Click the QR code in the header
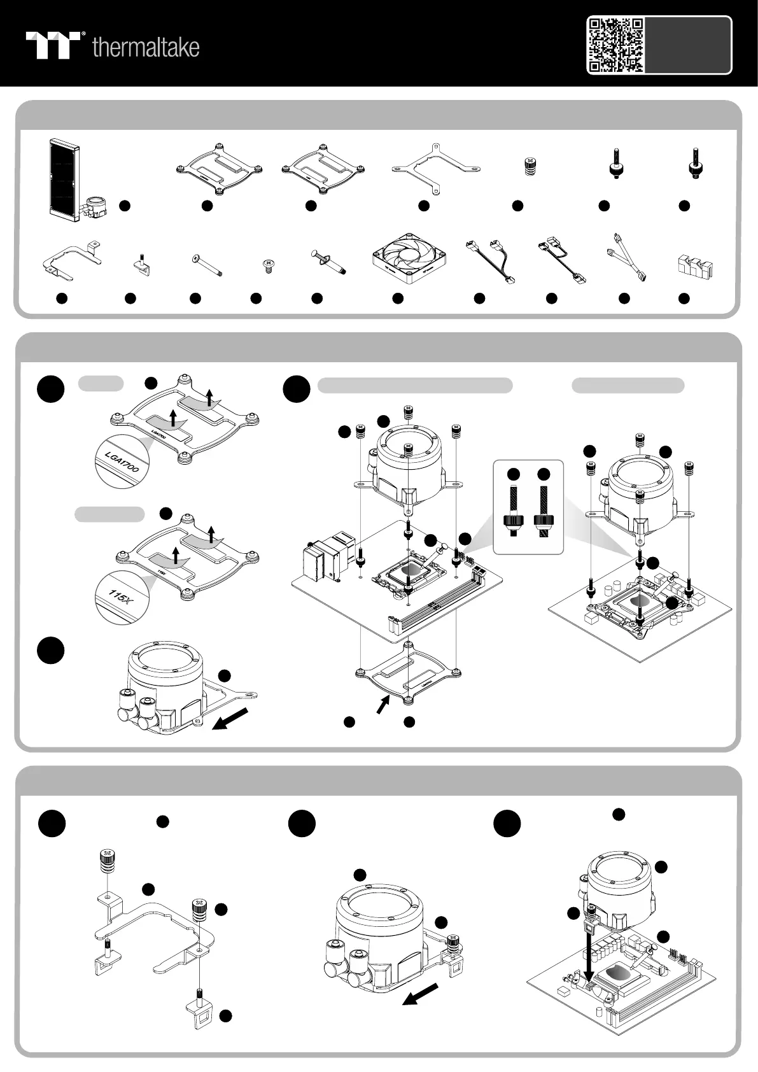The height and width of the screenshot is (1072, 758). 615,45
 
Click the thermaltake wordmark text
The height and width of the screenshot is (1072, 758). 146,47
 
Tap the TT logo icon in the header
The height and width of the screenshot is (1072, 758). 53,45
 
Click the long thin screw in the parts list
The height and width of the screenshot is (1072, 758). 206,263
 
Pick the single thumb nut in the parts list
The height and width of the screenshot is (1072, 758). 528,166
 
